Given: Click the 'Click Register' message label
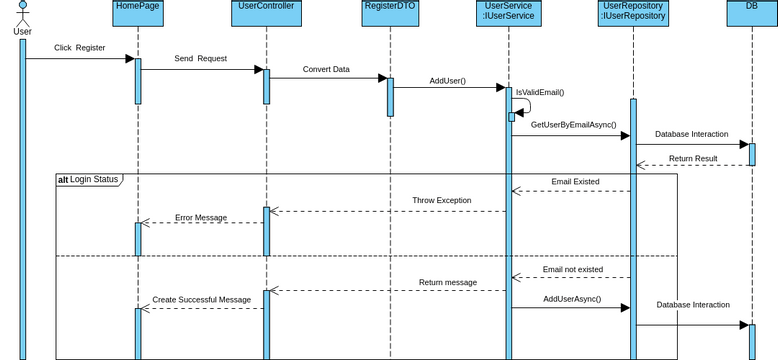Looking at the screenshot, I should click(x=79, y=48).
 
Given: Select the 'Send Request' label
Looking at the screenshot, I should click(x=200, y=59).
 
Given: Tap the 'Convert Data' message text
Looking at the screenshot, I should click(x=326, y=70).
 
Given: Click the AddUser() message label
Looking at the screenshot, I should click(x=447, y=81).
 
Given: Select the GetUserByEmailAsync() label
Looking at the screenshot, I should click(x=573, y=125).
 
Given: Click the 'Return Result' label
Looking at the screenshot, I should click(x=693, y=158).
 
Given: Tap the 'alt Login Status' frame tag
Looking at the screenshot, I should click(x=88, y=180).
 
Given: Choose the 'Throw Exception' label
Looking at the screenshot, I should click(x=441, y=201).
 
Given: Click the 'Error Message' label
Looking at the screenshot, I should click(x=201, y=217).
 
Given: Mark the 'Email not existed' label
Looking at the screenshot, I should click(x=573, y=270).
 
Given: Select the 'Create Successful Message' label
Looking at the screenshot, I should click(x=201, y=299).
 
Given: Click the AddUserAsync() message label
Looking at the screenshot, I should click(x=572, y=299).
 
